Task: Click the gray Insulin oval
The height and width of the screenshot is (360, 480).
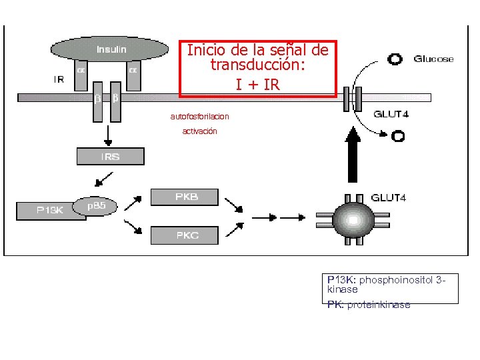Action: click(x=111, y=49)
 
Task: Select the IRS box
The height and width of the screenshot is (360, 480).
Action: click(x=111, y=157)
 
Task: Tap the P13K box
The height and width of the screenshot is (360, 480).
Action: click(x=49, y=210)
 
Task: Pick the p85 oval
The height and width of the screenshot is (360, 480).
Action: click(x=97, y=206)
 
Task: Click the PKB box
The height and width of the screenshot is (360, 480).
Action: click(x=186, y=197)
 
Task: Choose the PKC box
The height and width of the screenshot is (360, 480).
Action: click(x=186, y=235)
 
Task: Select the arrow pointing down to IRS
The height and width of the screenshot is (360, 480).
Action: click(x=107, y=137)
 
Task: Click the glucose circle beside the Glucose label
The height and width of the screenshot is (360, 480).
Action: click(x=395, y=59)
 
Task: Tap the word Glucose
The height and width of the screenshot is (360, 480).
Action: click(x=433, y=59)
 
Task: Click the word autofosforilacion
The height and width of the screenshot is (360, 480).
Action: click(x=199, y=117)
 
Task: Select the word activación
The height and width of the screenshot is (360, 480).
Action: click(x=199, y=131)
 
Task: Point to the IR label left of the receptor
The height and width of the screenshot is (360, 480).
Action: click(x=59, y=79)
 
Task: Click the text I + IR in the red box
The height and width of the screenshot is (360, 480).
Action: click(x=257, y=85)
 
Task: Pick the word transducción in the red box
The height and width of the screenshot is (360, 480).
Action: click(x=257, y=65)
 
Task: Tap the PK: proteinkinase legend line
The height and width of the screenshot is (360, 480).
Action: click(x=369, y=305)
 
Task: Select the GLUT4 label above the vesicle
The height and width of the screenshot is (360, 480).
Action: click(x=388, y=197)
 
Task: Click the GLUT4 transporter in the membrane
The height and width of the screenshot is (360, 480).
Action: click(x=352, y=99)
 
